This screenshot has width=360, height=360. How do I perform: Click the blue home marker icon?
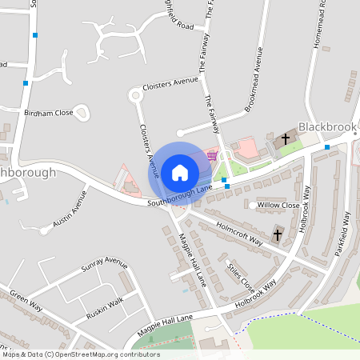(x=179, y=172)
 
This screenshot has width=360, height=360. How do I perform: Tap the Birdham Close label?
(x=49, y=114)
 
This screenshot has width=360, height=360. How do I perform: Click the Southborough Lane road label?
(x=180, y=196)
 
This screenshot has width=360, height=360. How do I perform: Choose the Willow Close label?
(x=278, y=206)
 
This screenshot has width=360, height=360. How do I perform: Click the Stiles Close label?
(x=241, y=276)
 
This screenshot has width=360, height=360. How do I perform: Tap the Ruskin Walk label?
(x=106, y=302)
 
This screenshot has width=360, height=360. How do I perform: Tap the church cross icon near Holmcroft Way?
(x=278, y=235)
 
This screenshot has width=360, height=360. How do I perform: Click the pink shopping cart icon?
(x=211, y=155)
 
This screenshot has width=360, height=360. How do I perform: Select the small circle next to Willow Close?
(x=252, y=206)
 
